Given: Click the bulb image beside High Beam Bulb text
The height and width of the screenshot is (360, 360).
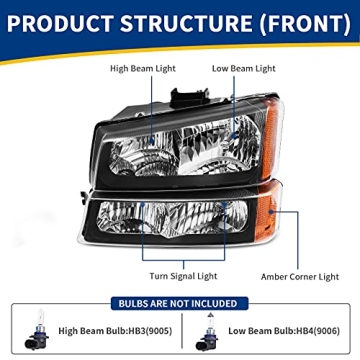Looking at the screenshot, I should pos(38,330).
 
